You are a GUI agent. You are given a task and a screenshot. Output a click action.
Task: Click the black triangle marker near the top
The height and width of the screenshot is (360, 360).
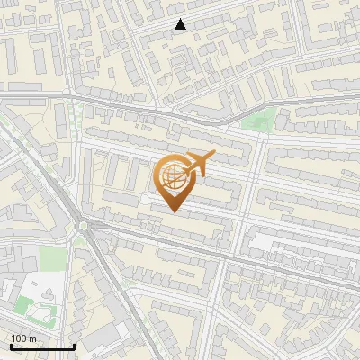(x=180, y=25)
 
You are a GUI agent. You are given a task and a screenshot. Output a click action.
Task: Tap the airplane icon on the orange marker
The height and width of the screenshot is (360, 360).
(x=197, y=163)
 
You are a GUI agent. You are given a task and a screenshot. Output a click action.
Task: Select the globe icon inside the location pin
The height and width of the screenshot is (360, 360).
(x=172, y=176)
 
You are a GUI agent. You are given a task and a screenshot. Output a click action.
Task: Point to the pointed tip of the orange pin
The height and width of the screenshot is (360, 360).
(x=174, y=212)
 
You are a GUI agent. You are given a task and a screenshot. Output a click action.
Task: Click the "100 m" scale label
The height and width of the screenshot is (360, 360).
(x=24, y=337)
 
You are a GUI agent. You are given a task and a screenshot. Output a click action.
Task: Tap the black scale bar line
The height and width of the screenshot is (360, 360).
(x=41, y=346)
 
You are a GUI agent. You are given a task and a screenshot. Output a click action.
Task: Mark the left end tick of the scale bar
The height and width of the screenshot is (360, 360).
(x=10, y=345)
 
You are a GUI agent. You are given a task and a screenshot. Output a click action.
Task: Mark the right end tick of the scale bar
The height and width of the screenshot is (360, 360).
(x=74, y=345)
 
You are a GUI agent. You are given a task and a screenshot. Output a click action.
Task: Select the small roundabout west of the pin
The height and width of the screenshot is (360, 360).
(x=84, y=226)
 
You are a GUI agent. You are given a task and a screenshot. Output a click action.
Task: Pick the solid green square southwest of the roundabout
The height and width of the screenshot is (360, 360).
(x=52, y=258)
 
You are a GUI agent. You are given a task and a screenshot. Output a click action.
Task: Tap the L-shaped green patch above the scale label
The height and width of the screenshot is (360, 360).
(x=27, y=301)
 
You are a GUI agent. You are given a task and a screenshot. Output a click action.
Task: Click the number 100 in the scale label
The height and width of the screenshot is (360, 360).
(x=20, y=337)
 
